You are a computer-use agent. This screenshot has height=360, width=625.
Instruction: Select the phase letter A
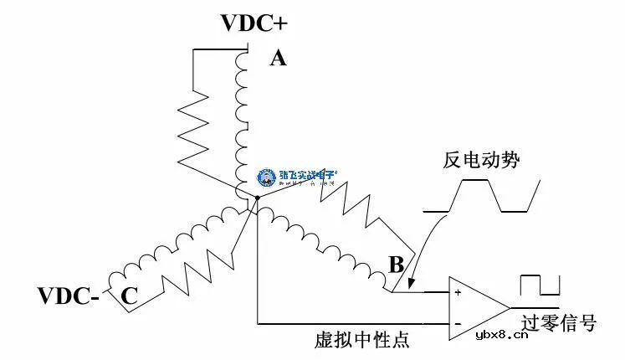(278, 58)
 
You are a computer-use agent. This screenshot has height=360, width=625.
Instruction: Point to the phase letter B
(396, 266)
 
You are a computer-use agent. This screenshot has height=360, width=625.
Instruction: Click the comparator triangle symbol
(478, 306)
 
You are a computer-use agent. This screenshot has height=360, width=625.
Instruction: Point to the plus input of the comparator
(457, 293)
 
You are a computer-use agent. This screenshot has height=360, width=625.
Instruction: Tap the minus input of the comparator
(457, 321)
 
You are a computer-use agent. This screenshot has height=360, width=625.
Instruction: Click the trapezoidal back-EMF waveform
(482, 197)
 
